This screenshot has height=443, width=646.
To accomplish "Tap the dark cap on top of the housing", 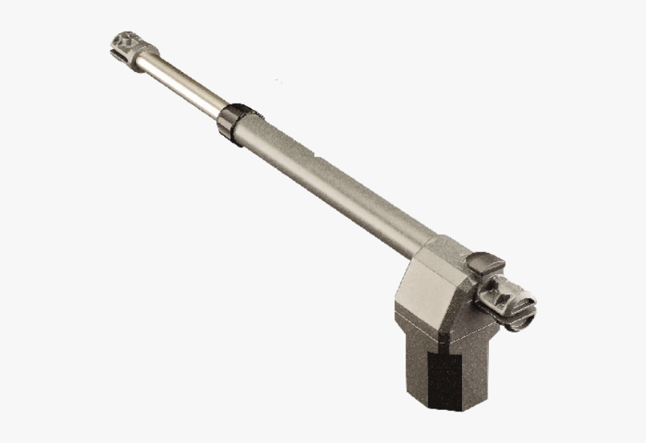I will (485, 264).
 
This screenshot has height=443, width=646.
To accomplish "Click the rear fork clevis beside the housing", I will (508, 300).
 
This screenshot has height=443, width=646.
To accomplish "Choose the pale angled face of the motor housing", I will (421, 293).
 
